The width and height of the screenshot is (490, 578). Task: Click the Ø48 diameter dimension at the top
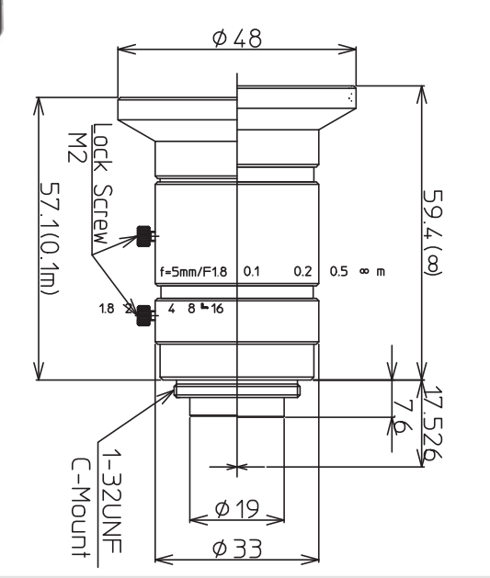(237, 39)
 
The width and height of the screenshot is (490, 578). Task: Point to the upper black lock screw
(142, 236)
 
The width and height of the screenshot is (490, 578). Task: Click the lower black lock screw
(143, 316)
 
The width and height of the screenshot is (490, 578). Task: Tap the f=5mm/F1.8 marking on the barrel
(195, 272)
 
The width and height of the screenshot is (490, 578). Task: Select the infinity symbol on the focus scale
(364, 273)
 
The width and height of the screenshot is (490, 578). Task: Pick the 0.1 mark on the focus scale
(251, 273)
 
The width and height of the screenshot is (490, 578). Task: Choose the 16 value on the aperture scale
(217, 309)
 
